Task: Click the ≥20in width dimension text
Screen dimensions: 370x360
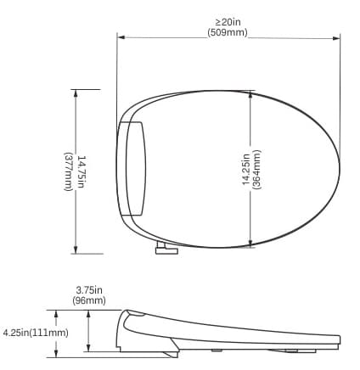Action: point(228,21)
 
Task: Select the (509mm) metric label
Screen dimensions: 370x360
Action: point(228,32)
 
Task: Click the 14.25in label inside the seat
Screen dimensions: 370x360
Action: point(245,169)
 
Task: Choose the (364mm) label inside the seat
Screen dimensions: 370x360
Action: point(257,169)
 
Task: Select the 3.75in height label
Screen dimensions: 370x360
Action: point(89,289)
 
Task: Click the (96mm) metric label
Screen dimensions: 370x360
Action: point(89,300)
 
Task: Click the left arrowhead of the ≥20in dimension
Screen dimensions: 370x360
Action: point(120,36)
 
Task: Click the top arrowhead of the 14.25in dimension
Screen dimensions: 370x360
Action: point(250,96)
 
